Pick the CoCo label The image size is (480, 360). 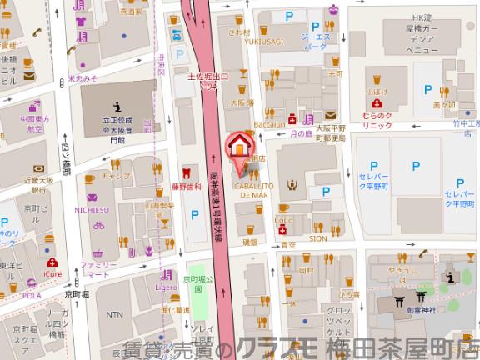coord(282,221)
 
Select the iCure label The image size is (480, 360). coord(52,272)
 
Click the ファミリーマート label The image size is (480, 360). coord(94,269)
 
